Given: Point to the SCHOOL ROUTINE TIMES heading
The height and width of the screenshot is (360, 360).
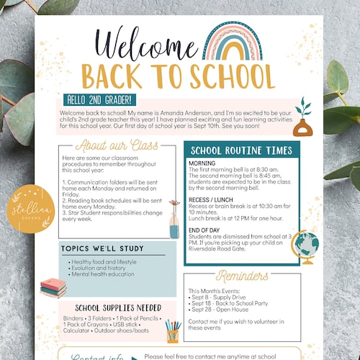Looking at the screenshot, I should click(241, 150).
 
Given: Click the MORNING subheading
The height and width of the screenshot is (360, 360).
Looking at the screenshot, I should click(202, 163).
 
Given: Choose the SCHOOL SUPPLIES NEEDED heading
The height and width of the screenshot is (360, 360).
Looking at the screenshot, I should click(109, 307).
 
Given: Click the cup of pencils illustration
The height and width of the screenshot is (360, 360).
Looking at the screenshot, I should click(171, 331).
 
